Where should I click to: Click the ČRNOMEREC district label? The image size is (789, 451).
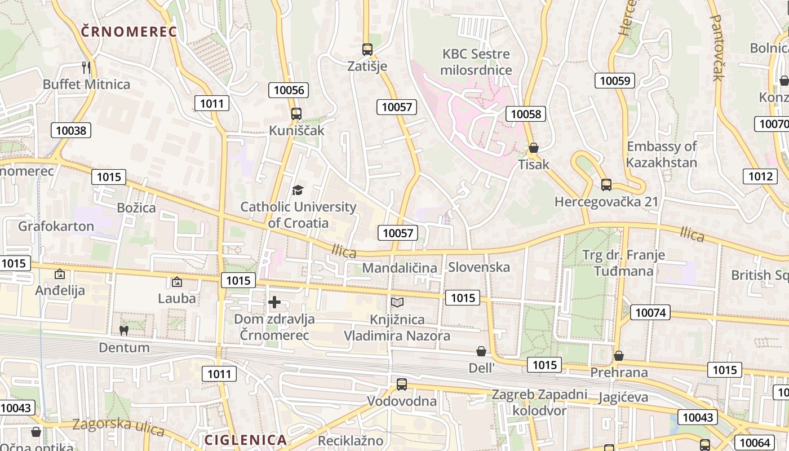129,32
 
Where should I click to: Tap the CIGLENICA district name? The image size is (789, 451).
245,440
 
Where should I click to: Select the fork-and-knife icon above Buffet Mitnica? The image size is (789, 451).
86,68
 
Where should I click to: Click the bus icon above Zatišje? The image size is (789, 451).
367,50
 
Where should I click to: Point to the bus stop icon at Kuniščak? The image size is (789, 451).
296,114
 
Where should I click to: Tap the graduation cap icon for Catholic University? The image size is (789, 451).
298,191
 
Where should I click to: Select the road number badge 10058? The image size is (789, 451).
526,114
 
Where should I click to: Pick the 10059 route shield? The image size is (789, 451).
614,80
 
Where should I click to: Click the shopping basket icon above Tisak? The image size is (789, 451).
533,148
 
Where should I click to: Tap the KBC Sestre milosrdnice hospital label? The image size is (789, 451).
476,62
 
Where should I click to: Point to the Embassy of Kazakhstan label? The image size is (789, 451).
662,154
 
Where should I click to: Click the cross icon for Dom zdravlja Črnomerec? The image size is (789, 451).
274,303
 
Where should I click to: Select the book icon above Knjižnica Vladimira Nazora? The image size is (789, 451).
397,303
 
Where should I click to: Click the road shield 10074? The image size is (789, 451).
651,312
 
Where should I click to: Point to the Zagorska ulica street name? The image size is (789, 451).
118,427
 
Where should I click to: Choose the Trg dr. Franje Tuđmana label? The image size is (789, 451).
623,263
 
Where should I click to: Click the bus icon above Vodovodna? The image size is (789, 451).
402,384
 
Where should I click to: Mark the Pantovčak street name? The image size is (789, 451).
716,48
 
